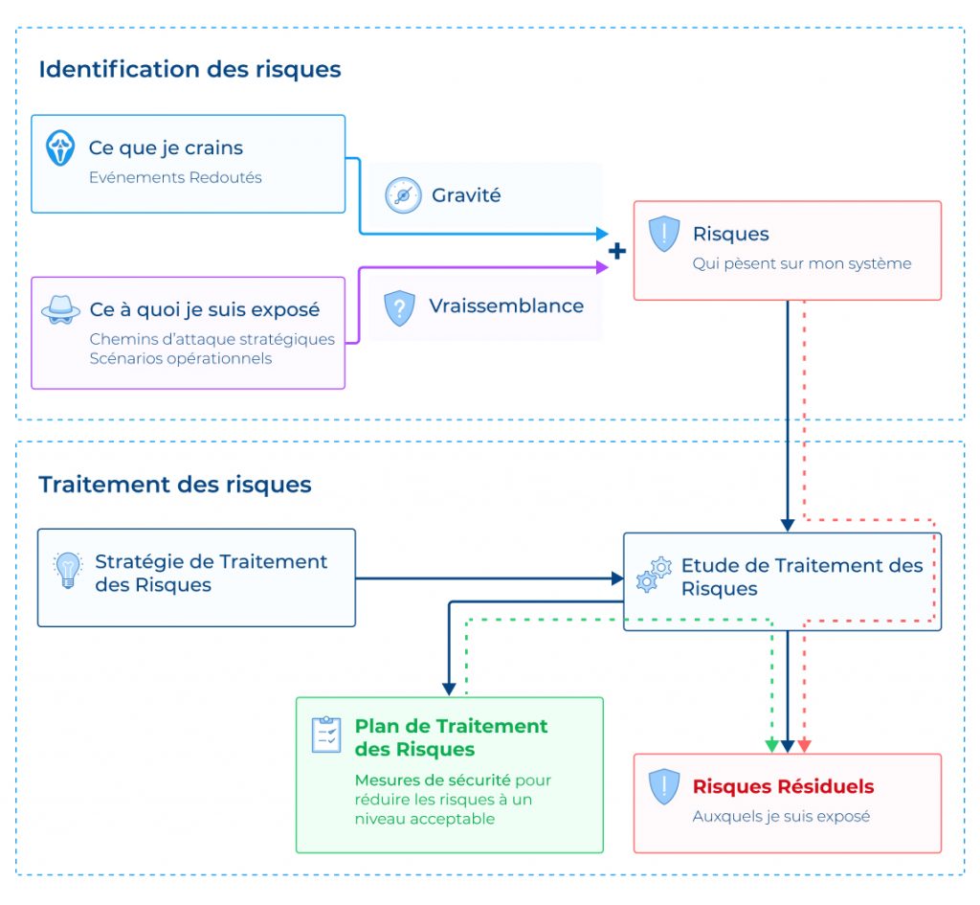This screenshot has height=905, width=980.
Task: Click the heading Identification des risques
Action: click(x=189, y=69)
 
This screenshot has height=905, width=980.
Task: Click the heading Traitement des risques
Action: click(x=175, y=485)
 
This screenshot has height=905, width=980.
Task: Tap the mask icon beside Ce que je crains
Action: click(x=60, y=148)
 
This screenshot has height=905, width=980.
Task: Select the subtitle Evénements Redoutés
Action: click(x=175, y=177)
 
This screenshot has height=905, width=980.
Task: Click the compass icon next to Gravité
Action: click(x=403, y=195)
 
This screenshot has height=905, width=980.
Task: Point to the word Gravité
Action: click(x=466, y=195)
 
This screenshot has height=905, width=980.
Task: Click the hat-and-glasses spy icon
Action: click(x=60, y=310)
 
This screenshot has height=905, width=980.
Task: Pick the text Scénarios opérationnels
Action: click(x=180, y=359)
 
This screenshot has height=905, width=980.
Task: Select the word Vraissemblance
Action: click(x=505, y=306)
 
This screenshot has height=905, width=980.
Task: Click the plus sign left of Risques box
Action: click(x=618, y=251)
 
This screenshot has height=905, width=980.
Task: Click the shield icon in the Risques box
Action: click(x=664, y=235)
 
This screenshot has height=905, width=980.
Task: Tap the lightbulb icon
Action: click(x=67, y=571)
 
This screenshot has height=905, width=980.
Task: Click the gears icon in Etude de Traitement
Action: click(x=655, y=574)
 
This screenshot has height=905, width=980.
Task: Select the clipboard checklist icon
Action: click(x=326, y=734)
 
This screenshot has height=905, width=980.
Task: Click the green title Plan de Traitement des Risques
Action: click(x=451, y=737)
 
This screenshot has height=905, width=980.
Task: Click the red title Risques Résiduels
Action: click(x=783, y=787)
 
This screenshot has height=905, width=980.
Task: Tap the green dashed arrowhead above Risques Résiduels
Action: click(x=771, y=746)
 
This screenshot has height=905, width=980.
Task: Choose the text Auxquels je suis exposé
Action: click(x=781, y=817)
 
